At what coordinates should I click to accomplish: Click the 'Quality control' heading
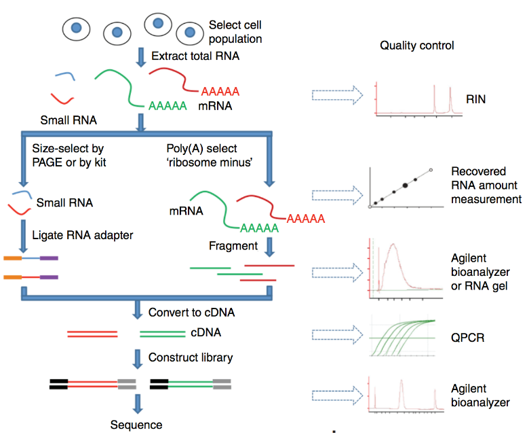(416, 46)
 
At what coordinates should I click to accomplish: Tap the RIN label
(475, 100)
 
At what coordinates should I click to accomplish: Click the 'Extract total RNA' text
(195, 56)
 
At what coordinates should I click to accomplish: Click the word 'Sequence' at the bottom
(137, 425)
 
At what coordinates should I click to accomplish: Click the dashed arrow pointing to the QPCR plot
(332, 334)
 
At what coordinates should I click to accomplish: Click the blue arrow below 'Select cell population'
(141, 57)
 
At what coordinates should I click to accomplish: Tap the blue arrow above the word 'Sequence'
(138, 404)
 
